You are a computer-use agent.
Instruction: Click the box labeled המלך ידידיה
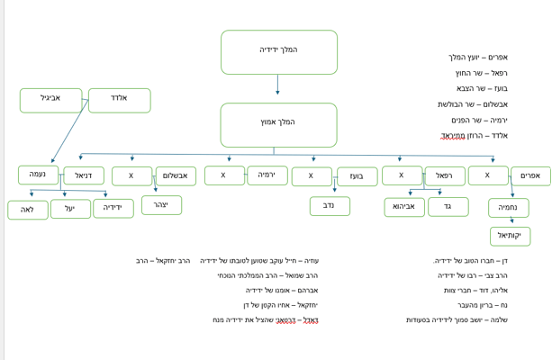[278, 51]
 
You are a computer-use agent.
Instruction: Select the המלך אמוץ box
[278, 124]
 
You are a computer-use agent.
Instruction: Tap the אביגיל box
[50, 100]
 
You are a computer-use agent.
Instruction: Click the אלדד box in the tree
[119, 100]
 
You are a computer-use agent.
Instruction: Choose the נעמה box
[38, 175]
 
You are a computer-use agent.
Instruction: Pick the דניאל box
[84, 175]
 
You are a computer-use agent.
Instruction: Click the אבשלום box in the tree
[176, 175]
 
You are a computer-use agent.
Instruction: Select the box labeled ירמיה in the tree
[267, 175]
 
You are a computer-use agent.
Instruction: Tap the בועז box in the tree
[357, 176]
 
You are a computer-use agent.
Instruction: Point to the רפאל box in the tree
[445, 176]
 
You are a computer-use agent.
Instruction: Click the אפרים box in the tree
[530, 175]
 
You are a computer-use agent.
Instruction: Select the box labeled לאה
[28, 210]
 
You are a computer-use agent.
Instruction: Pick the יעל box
[70, 209]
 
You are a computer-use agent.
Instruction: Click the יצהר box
[161, 205]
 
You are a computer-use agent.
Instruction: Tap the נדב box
[330, 206]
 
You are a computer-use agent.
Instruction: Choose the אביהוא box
[404, 207]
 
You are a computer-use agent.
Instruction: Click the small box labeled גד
[448, 207]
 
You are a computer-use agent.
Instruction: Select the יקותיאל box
[510, 236]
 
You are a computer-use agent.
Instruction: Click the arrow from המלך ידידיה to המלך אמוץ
[277, 85]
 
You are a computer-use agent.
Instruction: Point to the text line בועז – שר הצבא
[482, 88]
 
